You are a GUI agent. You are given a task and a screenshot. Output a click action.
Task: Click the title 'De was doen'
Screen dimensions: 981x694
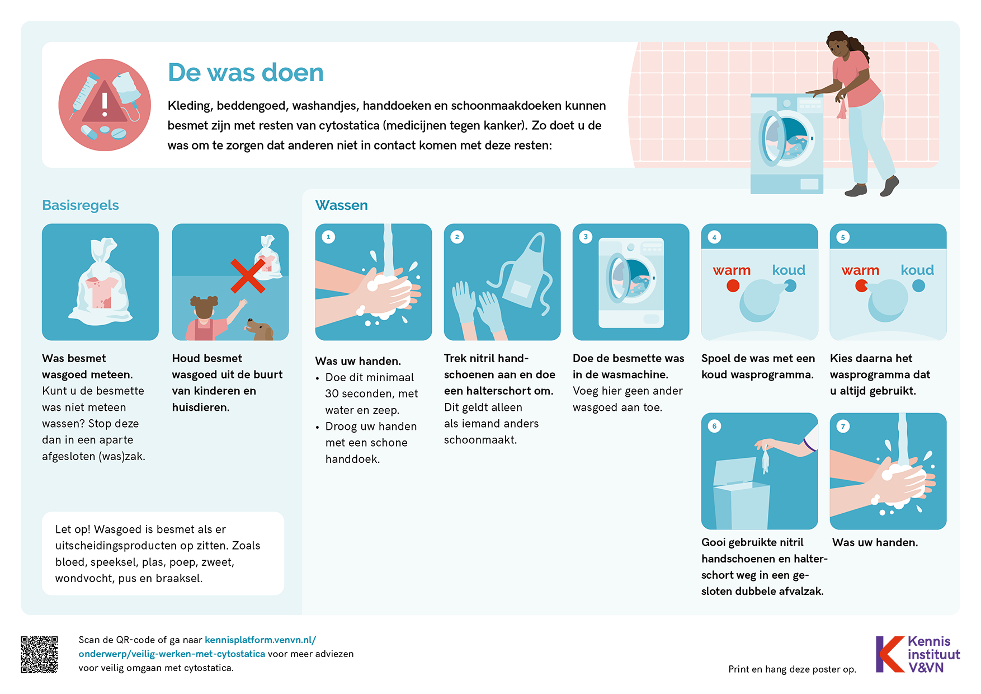click(246, 73)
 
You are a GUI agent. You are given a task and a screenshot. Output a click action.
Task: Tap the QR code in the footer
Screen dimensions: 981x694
click(39, 654)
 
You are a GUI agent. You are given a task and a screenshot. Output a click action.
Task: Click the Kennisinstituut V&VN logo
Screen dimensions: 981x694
click(918, 654)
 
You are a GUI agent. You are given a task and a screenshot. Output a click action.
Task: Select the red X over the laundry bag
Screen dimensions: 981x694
click(248, 276)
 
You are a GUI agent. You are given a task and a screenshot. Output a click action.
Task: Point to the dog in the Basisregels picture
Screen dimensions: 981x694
click(260, 330)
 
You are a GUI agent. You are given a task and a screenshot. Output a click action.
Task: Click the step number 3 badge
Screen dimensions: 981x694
click(586, 237)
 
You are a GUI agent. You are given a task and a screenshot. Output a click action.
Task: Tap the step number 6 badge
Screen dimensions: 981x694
click(714, 426)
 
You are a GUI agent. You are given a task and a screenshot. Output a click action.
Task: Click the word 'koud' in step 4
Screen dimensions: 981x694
click(789, 270)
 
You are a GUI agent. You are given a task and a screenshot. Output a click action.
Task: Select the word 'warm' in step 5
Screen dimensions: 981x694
click(860, 271)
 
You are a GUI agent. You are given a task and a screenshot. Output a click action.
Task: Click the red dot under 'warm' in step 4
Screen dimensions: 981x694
click(733, 286)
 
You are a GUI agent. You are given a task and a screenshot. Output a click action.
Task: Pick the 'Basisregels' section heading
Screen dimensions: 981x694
click(81, 205)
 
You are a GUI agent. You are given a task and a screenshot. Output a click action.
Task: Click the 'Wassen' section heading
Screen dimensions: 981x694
click(341, 205)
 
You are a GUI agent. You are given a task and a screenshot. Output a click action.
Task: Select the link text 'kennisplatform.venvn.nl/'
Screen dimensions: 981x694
click(260, 640)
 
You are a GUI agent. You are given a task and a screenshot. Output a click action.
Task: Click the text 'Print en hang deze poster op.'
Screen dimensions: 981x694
click(792, 669)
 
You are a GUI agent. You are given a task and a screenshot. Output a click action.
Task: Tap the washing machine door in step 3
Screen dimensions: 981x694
click(617, 278)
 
